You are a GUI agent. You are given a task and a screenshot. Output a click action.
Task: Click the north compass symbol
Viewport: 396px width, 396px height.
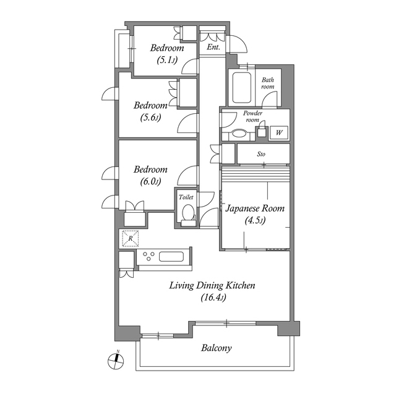(x=116, y=360)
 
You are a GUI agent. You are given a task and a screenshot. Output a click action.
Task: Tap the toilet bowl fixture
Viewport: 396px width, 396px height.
(x=188, y=212)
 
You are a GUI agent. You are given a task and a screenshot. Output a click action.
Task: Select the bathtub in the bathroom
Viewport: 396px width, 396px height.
(x=242, y=88)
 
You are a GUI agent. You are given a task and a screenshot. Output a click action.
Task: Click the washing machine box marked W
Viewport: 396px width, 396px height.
(x=279, y=132)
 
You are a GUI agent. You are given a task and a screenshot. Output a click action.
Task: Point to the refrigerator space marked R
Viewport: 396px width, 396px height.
(x=131, y=238)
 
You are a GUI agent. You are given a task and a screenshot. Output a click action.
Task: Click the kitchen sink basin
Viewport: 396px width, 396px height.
(x=171, y=257)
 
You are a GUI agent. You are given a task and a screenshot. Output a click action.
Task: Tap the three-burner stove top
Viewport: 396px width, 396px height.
(x=148, y=256)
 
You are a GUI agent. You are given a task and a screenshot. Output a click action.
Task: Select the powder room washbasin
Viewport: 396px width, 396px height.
(x=239, y=134)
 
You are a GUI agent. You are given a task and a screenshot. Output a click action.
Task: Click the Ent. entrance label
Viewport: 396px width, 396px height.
(x=213, y=47)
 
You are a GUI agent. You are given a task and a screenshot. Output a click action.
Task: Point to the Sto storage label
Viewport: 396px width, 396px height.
(x=261, y=154)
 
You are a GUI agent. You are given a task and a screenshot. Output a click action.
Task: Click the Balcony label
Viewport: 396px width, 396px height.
(x=216, y=348)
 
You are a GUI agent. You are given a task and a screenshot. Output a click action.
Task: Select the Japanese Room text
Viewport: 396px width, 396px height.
(x=255, y=209)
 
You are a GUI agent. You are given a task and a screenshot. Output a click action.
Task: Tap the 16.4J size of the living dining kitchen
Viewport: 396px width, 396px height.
(x=213, y=298)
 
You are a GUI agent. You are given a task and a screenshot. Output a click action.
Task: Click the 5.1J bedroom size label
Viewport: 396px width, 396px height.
(x=167, y=60)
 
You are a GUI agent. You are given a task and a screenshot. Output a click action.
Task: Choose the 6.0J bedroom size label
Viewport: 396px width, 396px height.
(x=150, y=181)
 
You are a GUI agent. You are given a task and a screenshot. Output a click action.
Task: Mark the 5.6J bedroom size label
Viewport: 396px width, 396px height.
(x=150, y=118)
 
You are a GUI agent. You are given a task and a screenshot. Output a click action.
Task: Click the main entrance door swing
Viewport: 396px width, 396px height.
(x=238, y=44)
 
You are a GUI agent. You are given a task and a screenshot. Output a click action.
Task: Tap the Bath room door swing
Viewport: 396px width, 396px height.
(x=270, y=99)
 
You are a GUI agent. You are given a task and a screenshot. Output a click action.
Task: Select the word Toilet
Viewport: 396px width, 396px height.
(x=186, y=197)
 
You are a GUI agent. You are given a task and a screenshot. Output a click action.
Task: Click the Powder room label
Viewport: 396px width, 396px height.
(x=252, y=116)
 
